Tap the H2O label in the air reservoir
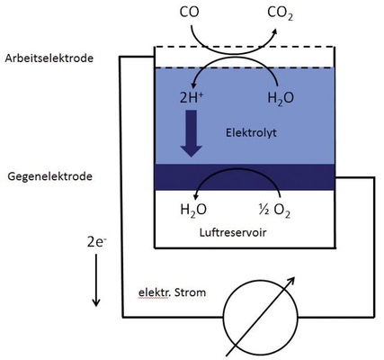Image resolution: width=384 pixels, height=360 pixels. click(192, 212)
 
